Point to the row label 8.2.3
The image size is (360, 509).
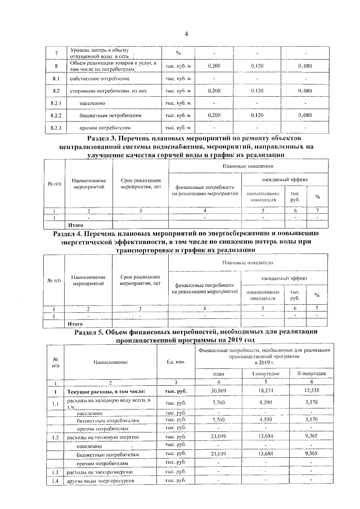tap(56, 128)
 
